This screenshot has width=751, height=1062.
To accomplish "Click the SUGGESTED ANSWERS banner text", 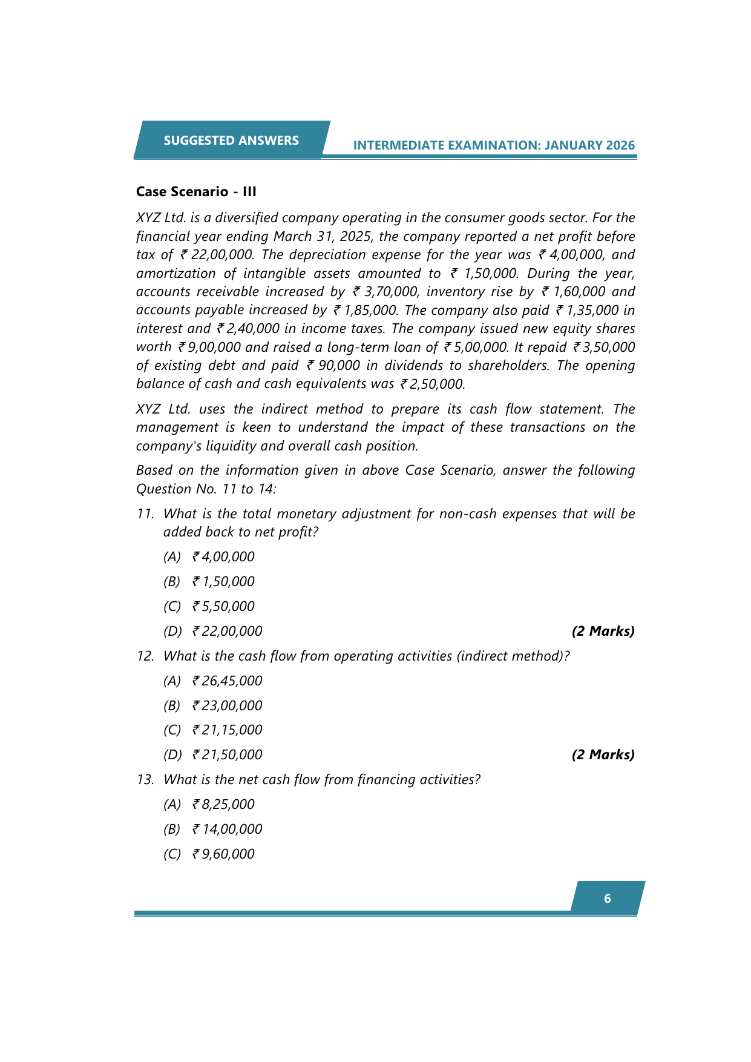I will pos(231,140).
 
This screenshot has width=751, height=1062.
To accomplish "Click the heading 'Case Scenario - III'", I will pos(196,191).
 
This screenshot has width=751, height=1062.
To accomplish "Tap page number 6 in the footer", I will pos(608,899).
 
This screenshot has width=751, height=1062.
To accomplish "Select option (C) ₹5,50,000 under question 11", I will pos(209,606).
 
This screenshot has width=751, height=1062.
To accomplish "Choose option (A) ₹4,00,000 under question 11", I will pos(209,556).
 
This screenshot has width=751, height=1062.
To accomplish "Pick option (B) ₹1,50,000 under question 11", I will pos(209,581).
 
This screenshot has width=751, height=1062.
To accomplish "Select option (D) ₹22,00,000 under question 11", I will pos(213,631).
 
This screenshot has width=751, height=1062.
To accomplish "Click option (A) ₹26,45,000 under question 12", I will pos(213,681).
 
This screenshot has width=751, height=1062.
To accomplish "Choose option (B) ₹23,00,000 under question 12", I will pos(213,705).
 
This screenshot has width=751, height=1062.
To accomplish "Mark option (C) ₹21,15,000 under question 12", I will pos(213,730).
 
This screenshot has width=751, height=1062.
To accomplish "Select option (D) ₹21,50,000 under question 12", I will pos(213,754).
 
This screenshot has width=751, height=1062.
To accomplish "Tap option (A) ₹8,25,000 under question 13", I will pos(209,804).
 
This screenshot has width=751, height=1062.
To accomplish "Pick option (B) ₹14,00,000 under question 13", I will pos(213,829).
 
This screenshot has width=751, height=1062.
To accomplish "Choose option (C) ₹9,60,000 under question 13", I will pos(209,854).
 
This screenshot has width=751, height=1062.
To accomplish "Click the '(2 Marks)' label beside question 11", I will pos(603,631).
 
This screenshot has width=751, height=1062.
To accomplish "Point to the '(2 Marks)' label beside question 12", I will pos(603,754).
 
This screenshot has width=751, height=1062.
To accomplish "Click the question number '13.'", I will pos(145,779).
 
